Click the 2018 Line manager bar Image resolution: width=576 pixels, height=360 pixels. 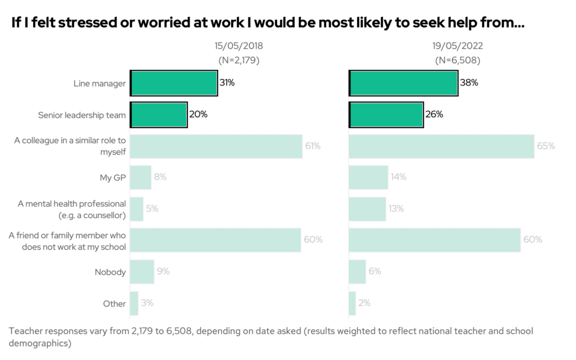pyautogui.click(x=174, y=83)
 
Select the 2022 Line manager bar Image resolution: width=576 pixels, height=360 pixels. pyautogui.click(x=403, y=83)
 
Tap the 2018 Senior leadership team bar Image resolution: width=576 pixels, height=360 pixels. pyautogui.click(x=159, y=115)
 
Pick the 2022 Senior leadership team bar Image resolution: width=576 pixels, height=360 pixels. pyautogui.click(x=386, y=115)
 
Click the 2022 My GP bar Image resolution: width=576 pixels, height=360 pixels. pyautogui.click(x=368, y=177)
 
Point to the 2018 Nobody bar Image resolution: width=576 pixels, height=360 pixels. pyautogui.click(x=142, y=272)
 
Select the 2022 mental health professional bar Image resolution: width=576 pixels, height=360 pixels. pyautogui.click(x=367, y=209)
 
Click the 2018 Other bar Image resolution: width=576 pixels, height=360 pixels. pyautogui.click(x=134, y=303)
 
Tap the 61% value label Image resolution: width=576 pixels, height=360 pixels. pyautogui.click(x=313, y=146)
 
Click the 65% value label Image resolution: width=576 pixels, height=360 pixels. pyautogui.click(x=546, y=146)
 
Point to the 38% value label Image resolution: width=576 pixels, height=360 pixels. pyautogui.click(x=469, y=83)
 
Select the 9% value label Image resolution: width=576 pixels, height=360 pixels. pyautogui.click(x=163, y=272)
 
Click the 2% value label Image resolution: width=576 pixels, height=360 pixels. pyautogui.click(x=364, y=303)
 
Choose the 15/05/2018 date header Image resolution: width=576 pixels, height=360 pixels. pyautogui.click(x=238, y=46)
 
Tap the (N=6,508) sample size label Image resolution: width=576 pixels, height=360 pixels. pyautogui.click(x=457, y=60)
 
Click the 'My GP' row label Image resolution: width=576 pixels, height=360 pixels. pyautogui.click(x=112, y=178)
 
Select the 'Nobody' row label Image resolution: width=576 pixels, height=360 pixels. pyautogui.click(x=110, y=272)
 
